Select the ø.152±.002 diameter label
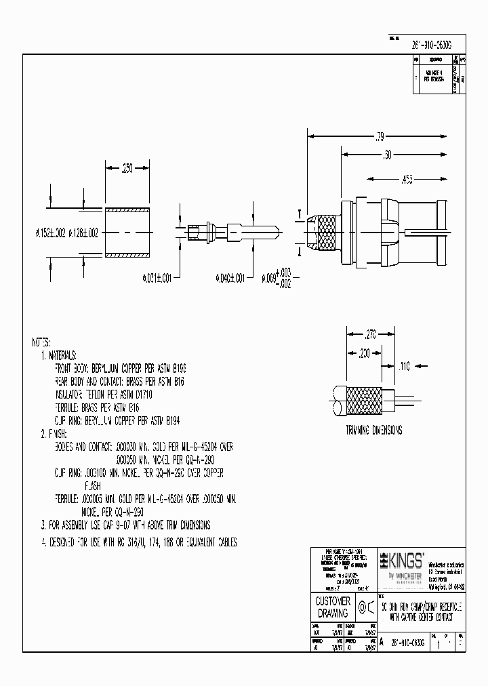click(50, 233)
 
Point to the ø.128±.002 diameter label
click(83, 233)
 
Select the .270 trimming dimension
click(369, 334)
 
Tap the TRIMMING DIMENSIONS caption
click(373, 430)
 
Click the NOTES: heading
click(44, 341)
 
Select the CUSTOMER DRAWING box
click(333, 607)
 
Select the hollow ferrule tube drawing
click(127, 232)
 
